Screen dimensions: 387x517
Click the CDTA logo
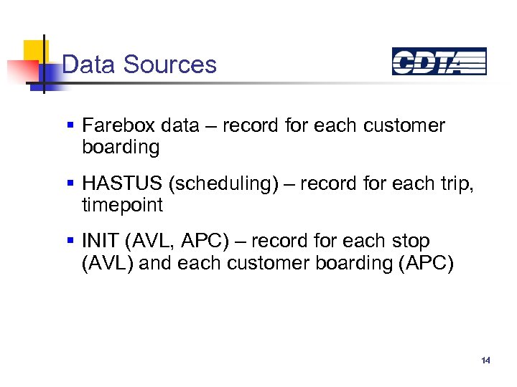coord(439,62)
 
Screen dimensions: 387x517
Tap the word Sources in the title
coord(169,64)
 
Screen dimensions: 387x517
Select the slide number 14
coord(486,360)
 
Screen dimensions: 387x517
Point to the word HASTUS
coord(122,183)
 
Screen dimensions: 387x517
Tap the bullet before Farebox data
coord(70,125)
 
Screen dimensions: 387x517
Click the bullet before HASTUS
coord(70,183)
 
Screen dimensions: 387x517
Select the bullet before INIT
coord(70,242)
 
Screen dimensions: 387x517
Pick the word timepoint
coord(122,206)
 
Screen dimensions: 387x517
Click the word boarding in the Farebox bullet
coord(121,148)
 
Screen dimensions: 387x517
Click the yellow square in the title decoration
coord(34,50)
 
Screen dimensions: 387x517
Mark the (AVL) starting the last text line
coord(107,264)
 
